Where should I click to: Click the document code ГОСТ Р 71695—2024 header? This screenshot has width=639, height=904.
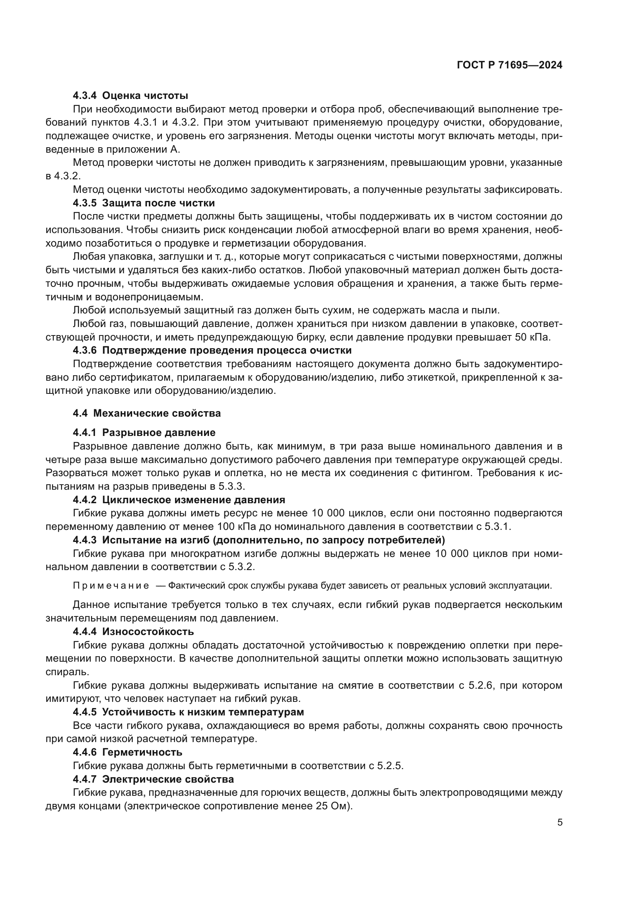click(x=510, y=65)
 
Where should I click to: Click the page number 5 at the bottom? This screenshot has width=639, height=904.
click(x=560, y=822)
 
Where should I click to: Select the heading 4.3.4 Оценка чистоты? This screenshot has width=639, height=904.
click(x=130, y=96)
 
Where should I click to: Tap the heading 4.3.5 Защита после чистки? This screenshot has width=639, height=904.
click(x=144, y=203)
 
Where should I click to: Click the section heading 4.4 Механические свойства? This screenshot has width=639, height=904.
click(x=147, y=414)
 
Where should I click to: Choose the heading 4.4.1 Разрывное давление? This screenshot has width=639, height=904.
click(x=144, y=433)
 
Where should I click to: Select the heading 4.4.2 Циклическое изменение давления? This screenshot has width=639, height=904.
click(x=178, y=500)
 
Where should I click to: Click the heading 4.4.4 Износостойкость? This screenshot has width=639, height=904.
click(x=133, y=632)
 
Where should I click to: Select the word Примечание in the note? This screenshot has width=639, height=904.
click(x=111, y=586)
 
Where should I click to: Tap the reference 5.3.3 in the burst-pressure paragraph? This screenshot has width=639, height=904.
click(x=232, y=486)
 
